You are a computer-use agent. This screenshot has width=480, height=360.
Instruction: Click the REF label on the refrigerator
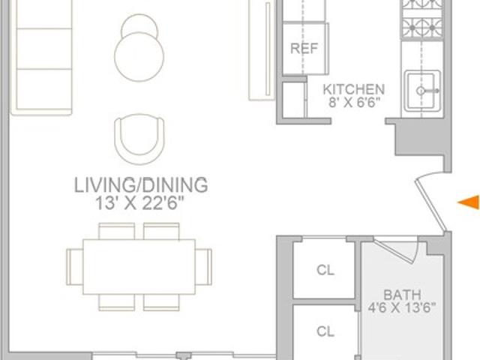click(304, 48)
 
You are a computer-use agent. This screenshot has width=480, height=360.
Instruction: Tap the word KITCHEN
click(354, 89)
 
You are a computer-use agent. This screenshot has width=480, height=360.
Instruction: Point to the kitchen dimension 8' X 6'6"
click(354, 103)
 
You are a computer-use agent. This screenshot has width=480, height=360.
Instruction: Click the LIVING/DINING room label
click(141, 185)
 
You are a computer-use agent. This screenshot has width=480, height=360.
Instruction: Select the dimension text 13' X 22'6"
click(140, 203)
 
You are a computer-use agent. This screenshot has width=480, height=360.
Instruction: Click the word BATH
click(402, 295)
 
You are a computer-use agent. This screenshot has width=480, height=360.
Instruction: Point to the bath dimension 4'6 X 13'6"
click(402, 307)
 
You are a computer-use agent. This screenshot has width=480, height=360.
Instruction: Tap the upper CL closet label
click(325, 270)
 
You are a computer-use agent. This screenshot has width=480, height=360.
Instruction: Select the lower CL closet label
click(325, 331)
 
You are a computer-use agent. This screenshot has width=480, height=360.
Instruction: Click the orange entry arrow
click(469, 202)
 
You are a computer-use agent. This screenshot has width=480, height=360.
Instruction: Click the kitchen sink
click(422, 91)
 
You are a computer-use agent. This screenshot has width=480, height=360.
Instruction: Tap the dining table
click(139, 267)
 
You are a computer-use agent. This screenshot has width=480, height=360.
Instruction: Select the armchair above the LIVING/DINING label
click(139, 139)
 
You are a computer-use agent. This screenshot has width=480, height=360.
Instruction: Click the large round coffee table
click(139, 57)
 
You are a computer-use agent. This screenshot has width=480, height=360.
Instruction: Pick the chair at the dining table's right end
click(203, 267)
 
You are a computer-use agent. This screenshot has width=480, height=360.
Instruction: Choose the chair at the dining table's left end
click(75, 267)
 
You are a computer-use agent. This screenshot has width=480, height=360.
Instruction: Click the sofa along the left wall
click(41, 57)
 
